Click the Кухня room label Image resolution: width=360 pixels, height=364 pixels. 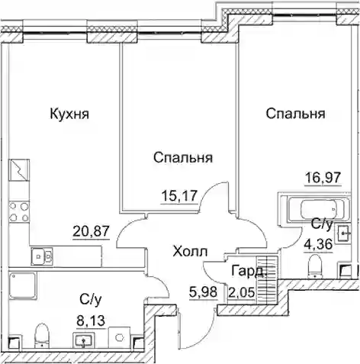click(69, 114)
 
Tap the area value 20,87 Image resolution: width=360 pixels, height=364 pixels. click(91, 231)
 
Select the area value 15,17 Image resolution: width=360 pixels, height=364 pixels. click(179, 196)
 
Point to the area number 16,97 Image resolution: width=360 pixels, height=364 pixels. click(322, 178)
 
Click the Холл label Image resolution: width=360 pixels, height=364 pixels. click(190, 252)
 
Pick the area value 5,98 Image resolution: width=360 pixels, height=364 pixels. click(203, 292)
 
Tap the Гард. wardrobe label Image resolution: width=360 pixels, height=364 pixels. click(248, 271)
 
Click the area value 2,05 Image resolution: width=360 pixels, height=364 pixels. click(241, 292)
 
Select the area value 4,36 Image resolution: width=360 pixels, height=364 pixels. click(318, 245)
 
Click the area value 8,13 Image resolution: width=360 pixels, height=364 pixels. click(91, 321)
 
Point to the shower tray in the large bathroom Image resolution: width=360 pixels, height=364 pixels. click(23, 285)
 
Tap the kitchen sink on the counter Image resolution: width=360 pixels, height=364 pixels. click(42, 256)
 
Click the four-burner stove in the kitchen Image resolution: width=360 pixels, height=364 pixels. click(19, 211)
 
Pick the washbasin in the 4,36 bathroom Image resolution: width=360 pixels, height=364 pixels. click(344, 233)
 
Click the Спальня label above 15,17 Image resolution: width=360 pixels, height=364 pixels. click(183, 158)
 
